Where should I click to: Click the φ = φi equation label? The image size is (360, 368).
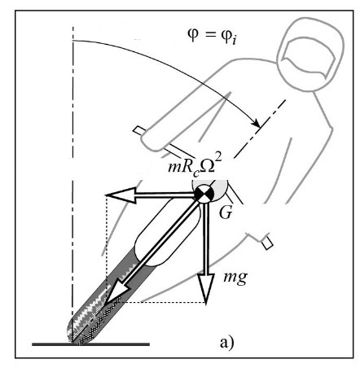point(212,36)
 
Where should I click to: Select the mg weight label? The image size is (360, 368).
point(235,278)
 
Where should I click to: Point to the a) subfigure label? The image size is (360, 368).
point(226,343)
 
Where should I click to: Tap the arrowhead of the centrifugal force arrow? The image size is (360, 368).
point(121,195)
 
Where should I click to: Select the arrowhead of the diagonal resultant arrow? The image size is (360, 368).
point(116,291)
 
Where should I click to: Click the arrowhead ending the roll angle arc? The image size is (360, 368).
point(256,123)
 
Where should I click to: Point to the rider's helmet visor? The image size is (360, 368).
point(308,58)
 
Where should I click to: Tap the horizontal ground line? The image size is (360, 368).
point(90,344)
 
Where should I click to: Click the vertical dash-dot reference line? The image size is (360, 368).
point(72,185)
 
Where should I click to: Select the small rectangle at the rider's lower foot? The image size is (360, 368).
point(267,243)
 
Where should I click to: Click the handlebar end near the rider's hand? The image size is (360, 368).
point(139,130)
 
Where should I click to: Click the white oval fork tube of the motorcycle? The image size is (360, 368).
point(166,231)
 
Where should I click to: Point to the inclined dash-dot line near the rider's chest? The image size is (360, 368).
point(260,129)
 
